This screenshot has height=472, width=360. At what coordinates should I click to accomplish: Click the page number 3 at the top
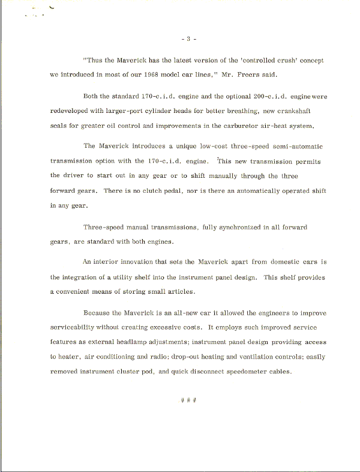point(188,40)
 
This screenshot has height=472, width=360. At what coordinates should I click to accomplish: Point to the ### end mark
point(188,400)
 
